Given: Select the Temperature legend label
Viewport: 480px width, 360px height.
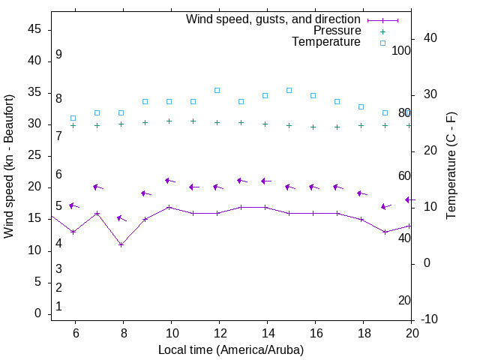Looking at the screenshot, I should [x=326, y=42].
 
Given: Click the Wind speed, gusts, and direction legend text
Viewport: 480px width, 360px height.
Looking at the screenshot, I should [x=274, y=19].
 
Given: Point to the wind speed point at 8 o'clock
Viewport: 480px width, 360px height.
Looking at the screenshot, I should [x=121, y=244].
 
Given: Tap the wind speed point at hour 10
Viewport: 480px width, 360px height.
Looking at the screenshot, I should [x=169, y=207].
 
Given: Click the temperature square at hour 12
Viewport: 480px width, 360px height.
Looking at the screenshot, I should [x=217, y=90].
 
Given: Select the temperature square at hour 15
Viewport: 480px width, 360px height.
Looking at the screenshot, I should [x=289, y=90].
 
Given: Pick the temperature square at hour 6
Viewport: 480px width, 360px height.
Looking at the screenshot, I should [x=73, y=118].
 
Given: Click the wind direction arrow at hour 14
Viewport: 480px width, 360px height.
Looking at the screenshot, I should [x=265, y=181].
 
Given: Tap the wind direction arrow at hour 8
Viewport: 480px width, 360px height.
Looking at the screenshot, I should [x=121, y=218].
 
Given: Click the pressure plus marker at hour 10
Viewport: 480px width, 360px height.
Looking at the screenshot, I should [x=169, y=121].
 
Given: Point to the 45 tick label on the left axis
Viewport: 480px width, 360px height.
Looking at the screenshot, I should [x=34, y=29].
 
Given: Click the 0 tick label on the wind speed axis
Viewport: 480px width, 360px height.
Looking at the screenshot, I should [x=37, y=313].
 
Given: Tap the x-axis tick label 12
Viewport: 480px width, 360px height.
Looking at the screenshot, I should [x=219, y=332].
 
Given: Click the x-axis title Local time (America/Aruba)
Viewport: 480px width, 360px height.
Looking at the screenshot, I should [x=231, y=349].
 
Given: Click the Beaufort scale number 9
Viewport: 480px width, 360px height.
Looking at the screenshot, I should [x=58, y=55].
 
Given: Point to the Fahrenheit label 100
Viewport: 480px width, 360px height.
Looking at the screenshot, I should [x=401, y=50].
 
